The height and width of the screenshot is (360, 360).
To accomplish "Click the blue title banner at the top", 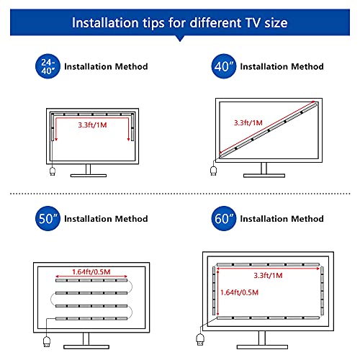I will [180, 22].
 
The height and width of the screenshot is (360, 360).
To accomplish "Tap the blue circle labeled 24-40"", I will [48, 67].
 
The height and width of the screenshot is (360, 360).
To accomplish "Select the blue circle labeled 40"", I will [222, 67].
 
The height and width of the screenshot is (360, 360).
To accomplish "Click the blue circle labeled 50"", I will [48, 218].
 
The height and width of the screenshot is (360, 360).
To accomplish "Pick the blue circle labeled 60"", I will [222, 218].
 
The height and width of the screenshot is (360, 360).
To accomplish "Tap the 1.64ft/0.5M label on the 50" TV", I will [92, 271].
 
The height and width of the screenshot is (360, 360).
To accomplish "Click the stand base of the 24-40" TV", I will [89, 175].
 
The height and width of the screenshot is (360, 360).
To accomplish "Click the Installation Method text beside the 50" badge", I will [107, 219].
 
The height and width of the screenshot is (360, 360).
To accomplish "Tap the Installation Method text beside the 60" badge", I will [282, 219].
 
